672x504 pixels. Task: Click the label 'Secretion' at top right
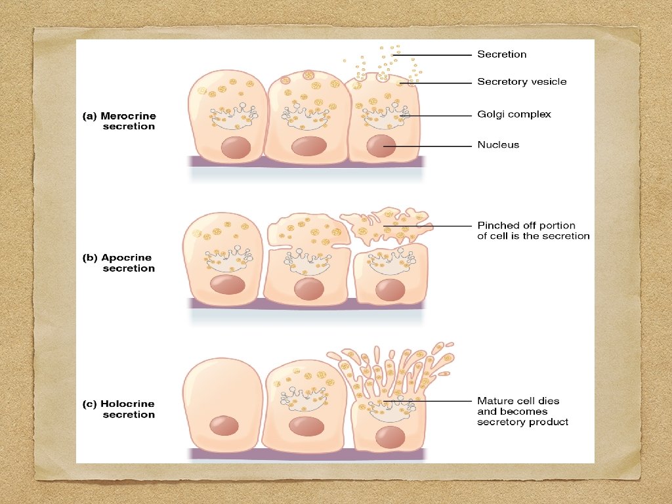501,54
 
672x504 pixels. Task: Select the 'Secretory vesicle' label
522,82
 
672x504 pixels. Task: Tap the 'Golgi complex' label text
514,115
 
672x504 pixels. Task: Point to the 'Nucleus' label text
498,145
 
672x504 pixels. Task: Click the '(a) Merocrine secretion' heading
119,121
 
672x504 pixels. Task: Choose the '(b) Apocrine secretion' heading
119,263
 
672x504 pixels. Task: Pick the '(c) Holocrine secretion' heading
119,409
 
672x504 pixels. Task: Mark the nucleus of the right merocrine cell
380,145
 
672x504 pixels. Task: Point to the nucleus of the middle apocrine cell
309,288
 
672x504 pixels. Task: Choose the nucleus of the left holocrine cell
224,425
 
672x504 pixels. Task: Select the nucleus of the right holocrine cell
390,436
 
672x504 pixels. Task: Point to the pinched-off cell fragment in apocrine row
384,223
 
